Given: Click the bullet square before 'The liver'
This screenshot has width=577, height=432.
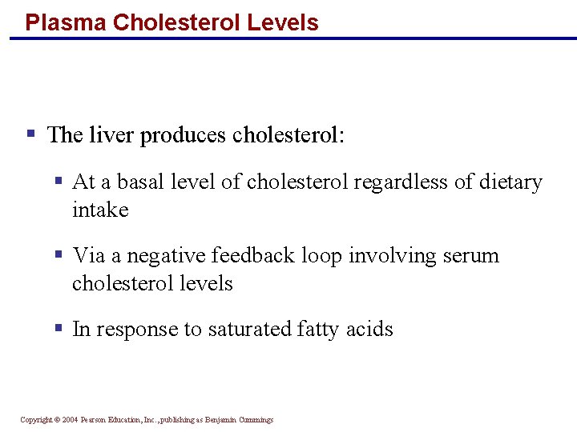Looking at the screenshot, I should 30,133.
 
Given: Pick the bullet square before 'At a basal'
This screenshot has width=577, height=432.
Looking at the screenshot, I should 59,181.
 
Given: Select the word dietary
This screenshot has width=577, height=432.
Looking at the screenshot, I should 510,182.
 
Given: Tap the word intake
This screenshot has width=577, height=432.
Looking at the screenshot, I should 100,210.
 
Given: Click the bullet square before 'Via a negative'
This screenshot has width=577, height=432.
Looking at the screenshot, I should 59,254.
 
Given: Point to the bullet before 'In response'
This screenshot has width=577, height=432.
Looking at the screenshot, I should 59,328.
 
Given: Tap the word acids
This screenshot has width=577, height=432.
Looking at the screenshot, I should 370,330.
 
